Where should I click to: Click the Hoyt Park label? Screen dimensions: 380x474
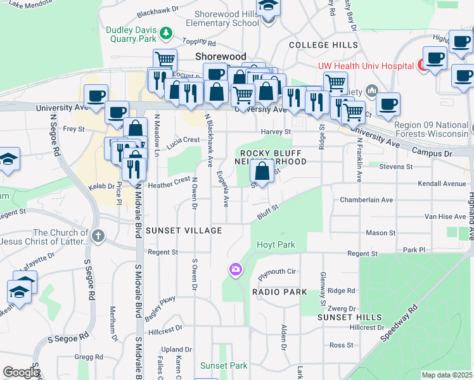click(x=276, y=244)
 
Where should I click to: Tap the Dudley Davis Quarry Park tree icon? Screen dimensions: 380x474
click(x=165, y=31)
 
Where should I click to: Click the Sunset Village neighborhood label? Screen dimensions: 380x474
click(x=184, y=231)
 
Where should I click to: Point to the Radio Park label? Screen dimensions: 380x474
click(x=279, y=292)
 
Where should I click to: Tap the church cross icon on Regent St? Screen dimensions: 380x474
click(x=98, y=236)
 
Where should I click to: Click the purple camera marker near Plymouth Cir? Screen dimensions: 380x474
click(x=236, y=270)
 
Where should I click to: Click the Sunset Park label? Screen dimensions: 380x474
click(x=224, y=365)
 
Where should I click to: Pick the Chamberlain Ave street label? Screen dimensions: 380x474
click(x=366, y=199)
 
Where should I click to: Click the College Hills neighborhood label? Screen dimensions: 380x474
click(x=318, y=45)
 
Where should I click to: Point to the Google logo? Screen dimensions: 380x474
click(x=21, y=372)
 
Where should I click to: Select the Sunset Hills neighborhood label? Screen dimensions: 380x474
click(x=350, y=317)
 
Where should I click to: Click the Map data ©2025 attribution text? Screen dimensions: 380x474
click(x=446, y=375)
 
